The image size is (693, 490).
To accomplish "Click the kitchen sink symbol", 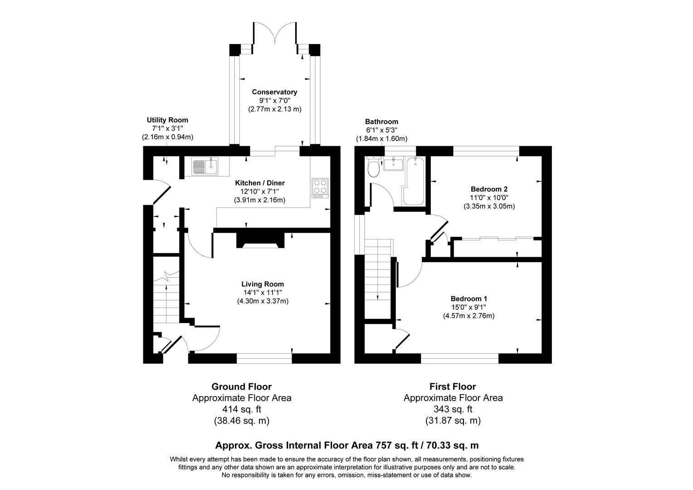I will click(205, 166).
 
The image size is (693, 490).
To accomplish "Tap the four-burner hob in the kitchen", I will click(320, 187).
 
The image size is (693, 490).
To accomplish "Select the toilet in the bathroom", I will click(374, 167).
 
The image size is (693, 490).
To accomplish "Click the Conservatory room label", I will click(274, 92).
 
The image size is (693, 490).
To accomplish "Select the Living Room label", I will click(263, 284).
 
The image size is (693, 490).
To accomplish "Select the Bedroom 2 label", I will click(489, 189).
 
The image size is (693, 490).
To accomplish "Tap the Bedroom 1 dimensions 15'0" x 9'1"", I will click(469, 307).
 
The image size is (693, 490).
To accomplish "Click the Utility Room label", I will click(167, 120).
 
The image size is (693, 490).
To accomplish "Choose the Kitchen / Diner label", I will click(259, 183).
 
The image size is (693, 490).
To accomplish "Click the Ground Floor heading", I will click(241, 387).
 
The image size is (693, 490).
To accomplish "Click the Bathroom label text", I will click(381, 122).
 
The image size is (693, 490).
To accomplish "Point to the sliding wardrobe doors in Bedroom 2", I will click(498, 238).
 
